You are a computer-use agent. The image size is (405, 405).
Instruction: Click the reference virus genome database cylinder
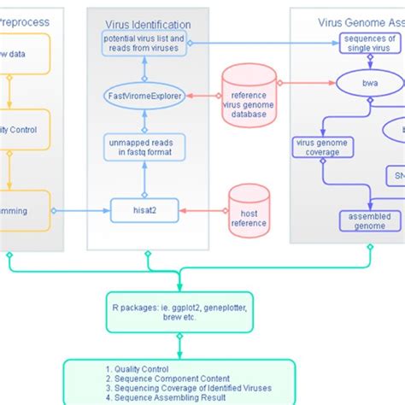tap(249, 96)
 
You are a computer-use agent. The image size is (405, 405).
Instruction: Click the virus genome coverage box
tap(317, 147)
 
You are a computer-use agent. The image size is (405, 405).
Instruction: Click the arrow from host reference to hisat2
tap(196, 210)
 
